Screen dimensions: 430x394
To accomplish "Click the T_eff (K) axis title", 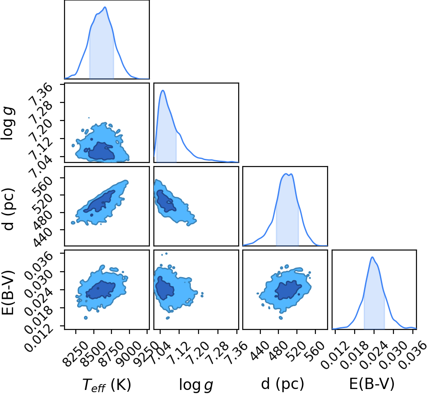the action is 106,385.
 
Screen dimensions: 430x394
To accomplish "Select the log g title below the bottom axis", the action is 196,385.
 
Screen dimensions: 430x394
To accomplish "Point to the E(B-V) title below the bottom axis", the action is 372,384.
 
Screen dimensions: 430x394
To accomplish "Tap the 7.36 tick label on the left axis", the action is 41,95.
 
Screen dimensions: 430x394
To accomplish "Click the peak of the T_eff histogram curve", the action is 105,7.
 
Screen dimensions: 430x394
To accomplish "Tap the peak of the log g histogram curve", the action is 163,90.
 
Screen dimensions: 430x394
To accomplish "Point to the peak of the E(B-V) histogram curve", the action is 372,257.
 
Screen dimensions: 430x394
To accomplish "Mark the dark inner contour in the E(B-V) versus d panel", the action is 288,290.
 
